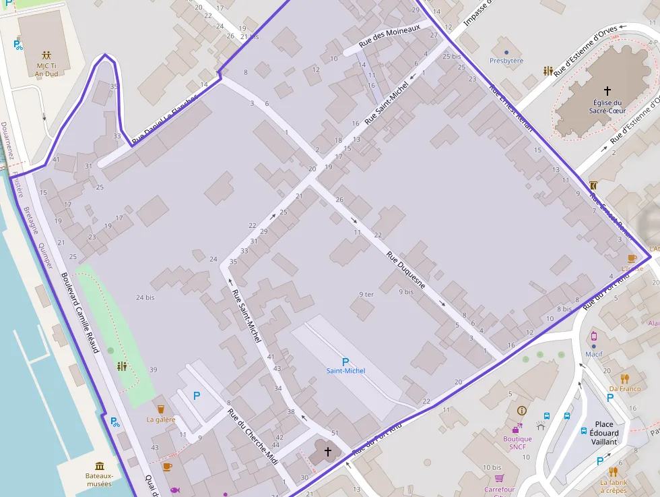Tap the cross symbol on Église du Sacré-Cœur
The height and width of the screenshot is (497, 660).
point(607,90)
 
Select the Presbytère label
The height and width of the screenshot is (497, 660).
point(506,61)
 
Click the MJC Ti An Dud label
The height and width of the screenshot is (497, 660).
point(46,69)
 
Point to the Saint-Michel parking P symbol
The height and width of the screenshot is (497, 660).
point(345,361)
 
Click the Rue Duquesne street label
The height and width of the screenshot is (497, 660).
point(406,271)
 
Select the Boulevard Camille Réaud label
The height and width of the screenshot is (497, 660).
point(80,312)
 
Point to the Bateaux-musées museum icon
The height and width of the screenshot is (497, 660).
point(100,466)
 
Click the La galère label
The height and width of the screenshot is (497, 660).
point(161,419)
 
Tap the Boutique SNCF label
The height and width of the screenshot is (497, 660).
point(517,443)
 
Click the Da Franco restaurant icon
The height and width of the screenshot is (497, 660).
point(625,378)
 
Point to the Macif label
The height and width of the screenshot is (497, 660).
point(594,353)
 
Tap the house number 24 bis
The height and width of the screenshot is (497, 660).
point(145,297)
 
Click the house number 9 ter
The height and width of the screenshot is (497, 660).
point(366,294)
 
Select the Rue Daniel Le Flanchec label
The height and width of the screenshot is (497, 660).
point(166,119)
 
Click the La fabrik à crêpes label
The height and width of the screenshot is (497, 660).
point(614,486)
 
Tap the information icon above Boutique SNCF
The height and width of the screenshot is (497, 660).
point(521,410)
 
